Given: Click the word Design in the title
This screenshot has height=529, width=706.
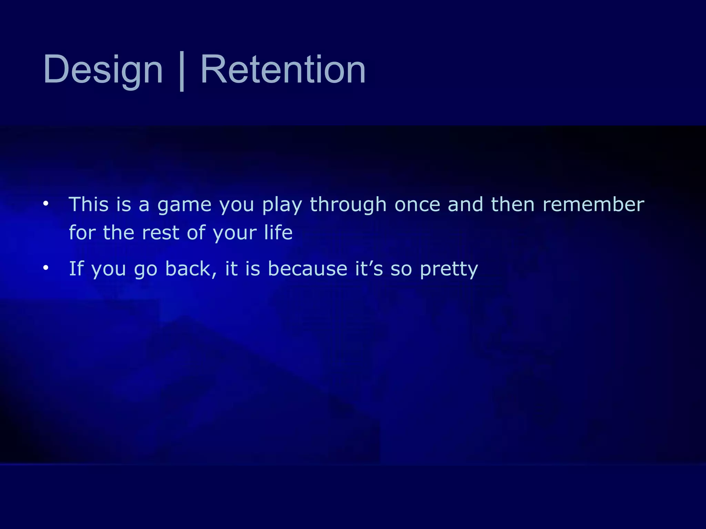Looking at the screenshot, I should point(103,70).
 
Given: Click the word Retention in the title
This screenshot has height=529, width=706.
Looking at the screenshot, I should point(283,70).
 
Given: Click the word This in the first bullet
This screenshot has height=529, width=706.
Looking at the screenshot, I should point(89,204).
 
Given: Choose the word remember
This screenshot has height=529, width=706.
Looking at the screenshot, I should point(593,204).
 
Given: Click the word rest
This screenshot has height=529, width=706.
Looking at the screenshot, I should point(160,233).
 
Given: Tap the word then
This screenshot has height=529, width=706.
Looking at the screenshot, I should point(513,204).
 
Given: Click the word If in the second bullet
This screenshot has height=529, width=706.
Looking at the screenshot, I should point(76,268).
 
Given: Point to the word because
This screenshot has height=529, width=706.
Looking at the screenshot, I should point(307,268).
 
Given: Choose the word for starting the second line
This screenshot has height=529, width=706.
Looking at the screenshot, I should point(82,232).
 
